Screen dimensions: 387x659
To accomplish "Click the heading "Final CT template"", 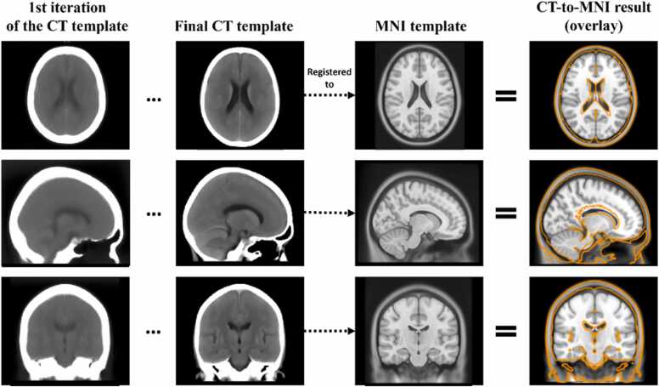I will tap(234, 26).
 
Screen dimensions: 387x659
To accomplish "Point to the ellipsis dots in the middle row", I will tap(155, 215).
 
